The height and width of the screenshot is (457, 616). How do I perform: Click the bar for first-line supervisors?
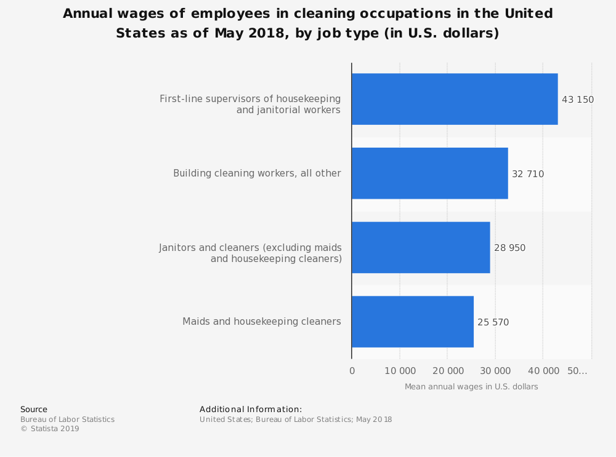(455, 99)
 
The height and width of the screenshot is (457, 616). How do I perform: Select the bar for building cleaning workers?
(430, 173)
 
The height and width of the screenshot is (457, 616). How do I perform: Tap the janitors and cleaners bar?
(421, 247)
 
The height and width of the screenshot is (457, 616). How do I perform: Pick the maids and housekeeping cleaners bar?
(413, 322)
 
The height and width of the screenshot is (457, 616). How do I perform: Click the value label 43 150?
(577, 100)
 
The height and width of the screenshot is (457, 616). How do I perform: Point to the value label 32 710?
(528, 174)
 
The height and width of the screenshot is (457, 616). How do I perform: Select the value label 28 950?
(509, 248)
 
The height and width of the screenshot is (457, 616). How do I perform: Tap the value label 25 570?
(493, 322)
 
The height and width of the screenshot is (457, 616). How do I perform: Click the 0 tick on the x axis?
(352, 371)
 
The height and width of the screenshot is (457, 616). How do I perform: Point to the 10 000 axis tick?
(400, 371)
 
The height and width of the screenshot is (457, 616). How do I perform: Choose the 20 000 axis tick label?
(447, 371)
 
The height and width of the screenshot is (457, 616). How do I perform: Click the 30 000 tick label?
(495, 371)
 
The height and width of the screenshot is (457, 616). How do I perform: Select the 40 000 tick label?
(543, 371)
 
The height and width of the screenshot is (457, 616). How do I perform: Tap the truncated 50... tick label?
(577, 371)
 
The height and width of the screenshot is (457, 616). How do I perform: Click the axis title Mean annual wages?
(471, 387)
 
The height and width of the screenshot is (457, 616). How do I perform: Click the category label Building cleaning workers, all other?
(257, 173)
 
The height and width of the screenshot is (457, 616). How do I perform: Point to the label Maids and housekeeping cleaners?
(262, 322)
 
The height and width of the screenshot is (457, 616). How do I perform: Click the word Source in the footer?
(34, 410)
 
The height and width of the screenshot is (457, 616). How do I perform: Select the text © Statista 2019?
(50, 429)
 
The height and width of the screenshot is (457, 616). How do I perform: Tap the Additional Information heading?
(251, 410)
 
